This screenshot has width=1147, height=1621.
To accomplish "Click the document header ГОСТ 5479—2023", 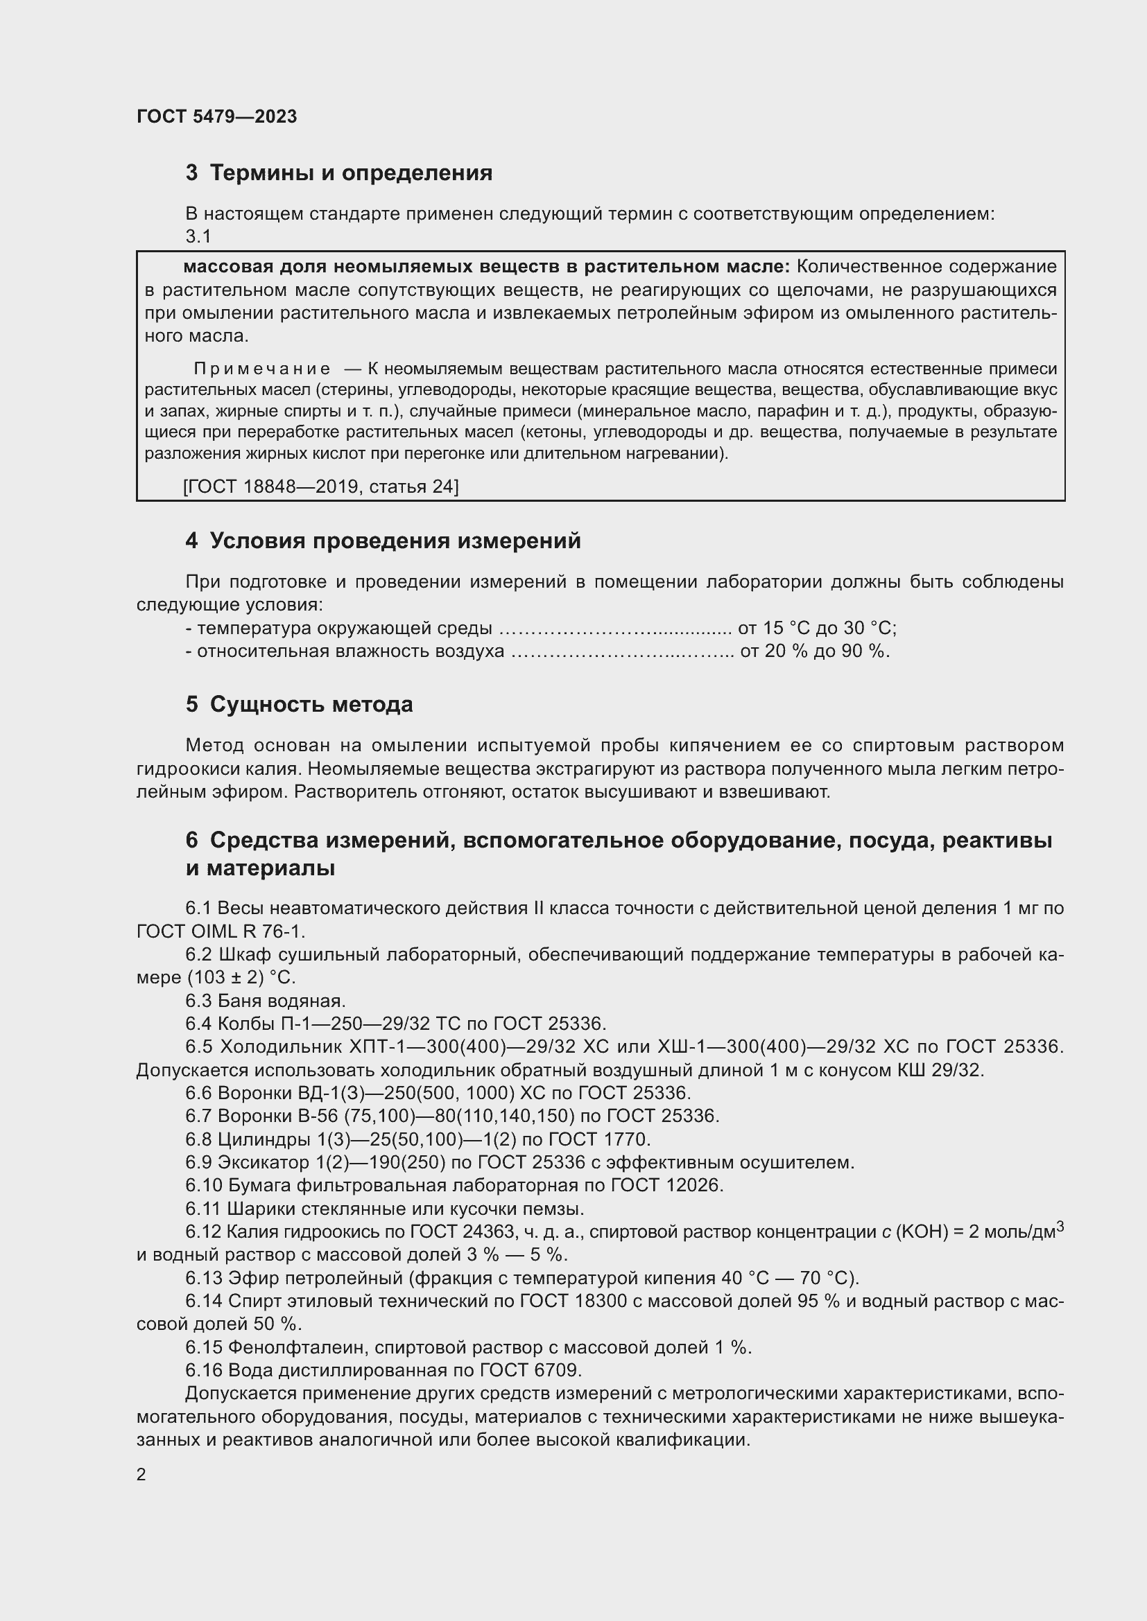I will coord(217,116).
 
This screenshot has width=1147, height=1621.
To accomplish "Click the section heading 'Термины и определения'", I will coord(351,173).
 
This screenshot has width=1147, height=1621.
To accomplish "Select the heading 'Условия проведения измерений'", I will coord(395,541).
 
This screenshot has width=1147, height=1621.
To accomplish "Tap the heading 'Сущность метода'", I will coord(311,704).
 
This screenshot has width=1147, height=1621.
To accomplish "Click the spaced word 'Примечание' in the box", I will coord(262,369).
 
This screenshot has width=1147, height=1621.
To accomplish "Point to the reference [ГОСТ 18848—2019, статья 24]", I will coord(320,487).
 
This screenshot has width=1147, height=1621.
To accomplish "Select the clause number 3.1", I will coord(198,236).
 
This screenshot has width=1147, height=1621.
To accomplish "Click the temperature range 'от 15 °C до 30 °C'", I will coord(817,628).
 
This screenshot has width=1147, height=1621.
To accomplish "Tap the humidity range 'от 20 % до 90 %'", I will coord(814,651).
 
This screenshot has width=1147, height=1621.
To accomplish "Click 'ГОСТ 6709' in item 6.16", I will coord(531,1370).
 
